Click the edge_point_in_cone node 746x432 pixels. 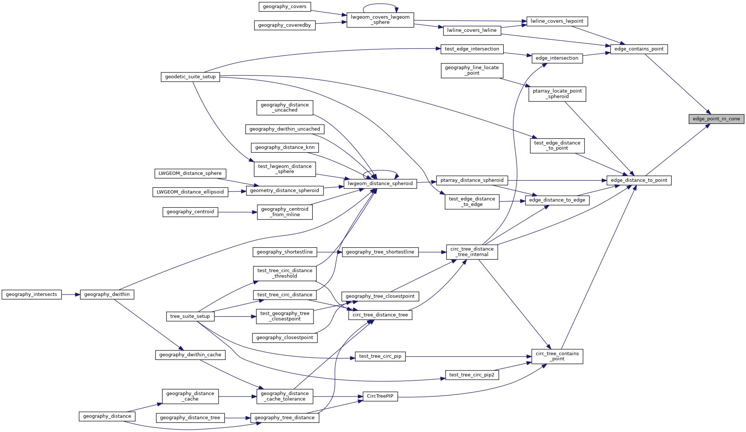point(716,119)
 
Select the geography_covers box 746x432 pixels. point(285,7)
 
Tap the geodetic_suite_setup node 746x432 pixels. point(190,77)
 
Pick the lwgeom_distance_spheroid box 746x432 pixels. point(380,184)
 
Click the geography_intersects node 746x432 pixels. point(31,294)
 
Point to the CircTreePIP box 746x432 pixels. point(380,396)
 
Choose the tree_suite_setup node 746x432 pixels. point(190,316)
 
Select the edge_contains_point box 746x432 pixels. point(639,49)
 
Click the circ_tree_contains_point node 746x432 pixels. point(557,356)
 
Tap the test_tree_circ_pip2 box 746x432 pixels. point(472,375)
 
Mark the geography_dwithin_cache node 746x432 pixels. point(190,355)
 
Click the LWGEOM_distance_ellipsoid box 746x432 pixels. point(190,192)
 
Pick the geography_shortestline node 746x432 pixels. point(285,252)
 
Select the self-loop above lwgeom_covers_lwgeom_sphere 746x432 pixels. point(380,4)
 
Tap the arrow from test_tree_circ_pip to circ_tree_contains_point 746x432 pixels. point(469,356)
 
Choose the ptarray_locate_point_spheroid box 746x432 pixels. point(557,94)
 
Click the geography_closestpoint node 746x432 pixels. point(285,338)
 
